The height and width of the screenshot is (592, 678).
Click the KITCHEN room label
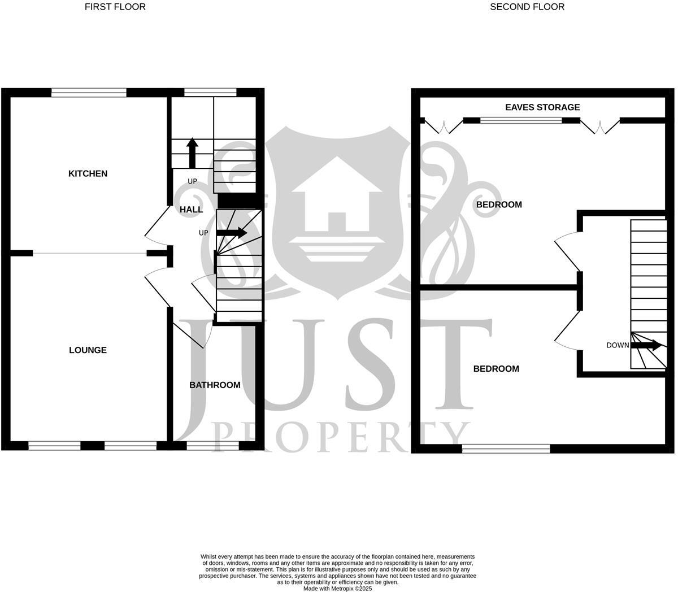tap(88, 173)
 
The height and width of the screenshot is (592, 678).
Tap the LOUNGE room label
tap(88, 350)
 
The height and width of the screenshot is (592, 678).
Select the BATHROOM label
tap(215, 385)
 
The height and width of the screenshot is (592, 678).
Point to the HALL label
tap(191, 210)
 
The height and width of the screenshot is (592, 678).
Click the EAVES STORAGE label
tap(542, 107)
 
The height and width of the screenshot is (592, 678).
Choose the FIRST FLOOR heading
tap(115, 7)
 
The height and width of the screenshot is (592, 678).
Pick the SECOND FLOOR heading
tap(527, 7)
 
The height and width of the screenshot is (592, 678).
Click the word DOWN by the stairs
tap(618, 345)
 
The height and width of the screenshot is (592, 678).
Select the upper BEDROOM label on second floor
tap(499, 204)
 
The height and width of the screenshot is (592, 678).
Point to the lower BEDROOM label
tap(496, 369)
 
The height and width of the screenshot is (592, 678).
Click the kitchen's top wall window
tap(89, 93)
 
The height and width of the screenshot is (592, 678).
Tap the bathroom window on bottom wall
tap(212, 446)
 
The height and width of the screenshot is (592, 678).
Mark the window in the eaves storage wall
tap(521, 120)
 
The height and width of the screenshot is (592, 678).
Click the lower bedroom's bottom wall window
tap(506, 449)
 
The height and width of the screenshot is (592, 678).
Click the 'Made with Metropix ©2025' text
tap(338, 589)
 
